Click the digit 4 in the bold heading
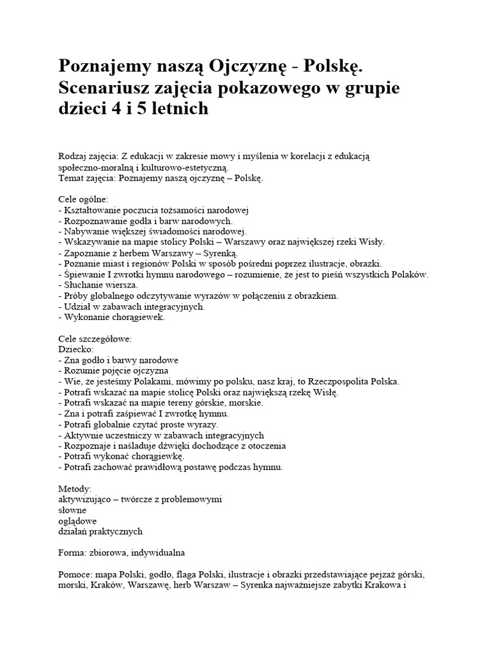tap(113, 108)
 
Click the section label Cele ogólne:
tap(83, 199)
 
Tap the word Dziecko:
tap(75, 349)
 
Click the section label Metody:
tap(74, 489)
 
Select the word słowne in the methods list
tap(72, 510)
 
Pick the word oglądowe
tap(77, 521)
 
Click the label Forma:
tap(72, 552)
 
